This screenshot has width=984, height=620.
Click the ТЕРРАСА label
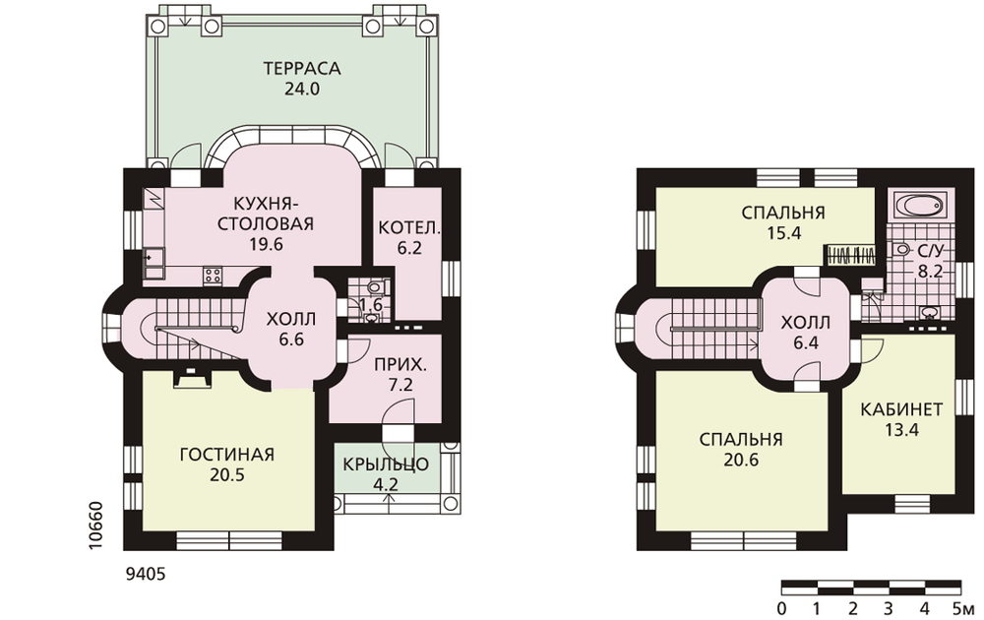302,68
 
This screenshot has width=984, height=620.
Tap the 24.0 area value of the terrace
302,89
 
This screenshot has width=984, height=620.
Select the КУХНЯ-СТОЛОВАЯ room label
266,214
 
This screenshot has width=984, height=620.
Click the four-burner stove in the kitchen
213,275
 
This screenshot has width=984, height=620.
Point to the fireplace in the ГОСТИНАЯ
191,379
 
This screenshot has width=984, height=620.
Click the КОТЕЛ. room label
409,227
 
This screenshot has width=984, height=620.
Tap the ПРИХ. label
400,364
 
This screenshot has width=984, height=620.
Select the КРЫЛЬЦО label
386,465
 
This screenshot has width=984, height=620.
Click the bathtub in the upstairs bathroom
919,205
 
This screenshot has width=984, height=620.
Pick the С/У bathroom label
931,252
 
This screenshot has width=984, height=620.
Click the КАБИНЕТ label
901,409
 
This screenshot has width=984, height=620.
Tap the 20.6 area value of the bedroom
741,460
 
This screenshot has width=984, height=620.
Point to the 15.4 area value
784,233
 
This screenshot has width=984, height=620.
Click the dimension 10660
95,526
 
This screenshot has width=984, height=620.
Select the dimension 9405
147,574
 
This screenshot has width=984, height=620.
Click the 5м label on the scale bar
964,608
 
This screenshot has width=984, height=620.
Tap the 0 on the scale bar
781,608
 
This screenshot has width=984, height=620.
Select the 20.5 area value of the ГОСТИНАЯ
227,475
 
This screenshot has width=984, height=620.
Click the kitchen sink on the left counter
154,264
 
